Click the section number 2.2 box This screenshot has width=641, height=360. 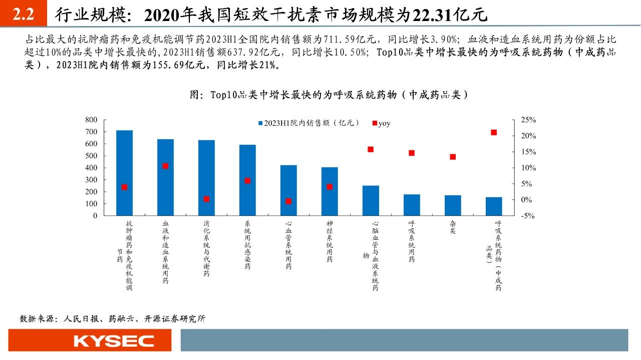click(x=23, y=15)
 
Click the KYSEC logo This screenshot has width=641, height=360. click(x=114, y=341)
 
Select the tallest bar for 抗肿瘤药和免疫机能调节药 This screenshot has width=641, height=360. click(x=124, y=173)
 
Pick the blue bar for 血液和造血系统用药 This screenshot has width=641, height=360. click(x=165, y=177)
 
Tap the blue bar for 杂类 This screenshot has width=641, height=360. click(x=453, y=205)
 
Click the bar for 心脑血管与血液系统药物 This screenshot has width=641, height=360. click(x=371, y=200)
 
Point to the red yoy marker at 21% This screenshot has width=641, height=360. click(x=494, y=133)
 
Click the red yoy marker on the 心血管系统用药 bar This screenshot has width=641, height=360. click(x=288, y=201)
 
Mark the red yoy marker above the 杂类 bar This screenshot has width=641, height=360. click(x=453, y=157)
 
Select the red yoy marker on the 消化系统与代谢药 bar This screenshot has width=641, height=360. click(x=206, y=199)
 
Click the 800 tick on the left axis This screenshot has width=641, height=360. click(x=91, y=120)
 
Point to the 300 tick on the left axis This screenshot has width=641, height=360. click(x=91, y=180)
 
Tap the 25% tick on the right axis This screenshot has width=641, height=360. click(x=528, y=120)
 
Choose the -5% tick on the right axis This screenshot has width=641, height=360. click(x=528, y=216)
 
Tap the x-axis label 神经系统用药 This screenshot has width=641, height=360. click(x=330, y=241)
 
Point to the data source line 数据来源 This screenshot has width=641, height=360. click(x=112, y=318)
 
